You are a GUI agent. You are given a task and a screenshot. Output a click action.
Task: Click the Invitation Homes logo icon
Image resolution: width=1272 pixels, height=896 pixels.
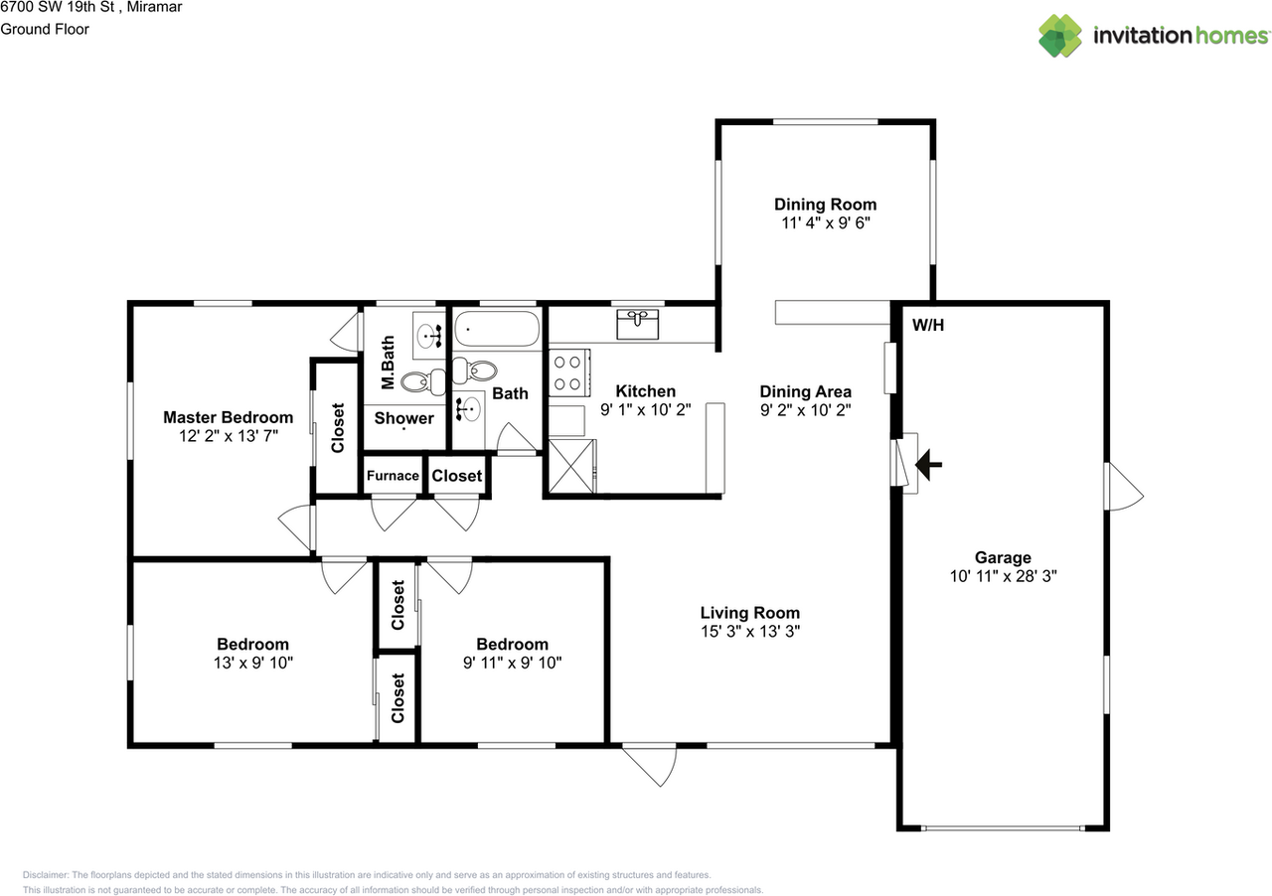pyautogui.click(x=1060, y=36)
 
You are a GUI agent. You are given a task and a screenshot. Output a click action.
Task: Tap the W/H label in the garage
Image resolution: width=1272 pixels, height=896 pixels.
pyautogui.click(x=927, y=324)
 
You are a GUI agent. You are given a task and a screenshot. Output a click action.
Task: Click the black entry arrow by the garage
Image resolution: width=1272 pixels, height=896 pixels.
pyautogui.click(x=929, y=463)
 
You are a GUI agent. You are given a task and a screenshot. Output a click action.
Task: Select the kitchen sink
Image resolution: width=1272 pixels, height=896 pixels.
pyautogui.click(x=636, y=323)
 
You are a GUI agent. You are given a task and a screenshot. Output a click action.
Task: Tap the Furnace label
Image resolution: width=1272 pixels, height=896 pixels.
pyautogui.click(x=393, y=476)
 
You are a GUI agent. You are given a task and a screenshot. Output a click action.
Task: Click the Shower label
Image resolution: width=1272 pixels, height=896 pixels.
pyautogui.click(x=403, y=418)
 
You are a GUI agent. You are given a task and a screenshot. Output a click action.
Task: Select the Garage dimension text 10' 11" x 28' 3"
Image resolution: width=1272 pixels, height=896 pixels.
pyautogui.click(x=1002, y=576)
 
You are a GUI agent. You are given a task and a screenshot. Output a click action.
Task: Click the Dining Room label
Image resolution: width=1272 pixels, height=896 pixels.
pyautogui.click(x=825, y=205)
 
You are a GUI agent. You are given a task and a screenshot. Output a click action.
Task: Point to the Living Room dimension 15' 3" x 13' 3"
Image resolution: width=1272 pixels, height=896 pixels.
pyautogui.click(x=749, y=631)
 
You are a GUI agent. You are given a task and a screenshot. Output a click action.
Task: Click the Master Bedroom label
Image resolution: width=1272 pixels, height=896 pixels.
pyautogui.click(x=228, y=417)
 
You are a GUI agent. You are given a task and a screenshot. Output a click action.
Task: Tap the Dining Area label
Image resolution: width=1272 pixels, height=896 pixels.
pyautogui.click(x=805, y=391)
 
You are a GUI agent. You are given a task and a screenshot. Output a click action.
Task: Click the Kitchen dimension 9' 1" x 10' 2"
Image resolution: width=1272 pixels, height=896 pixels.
pyautogui.click(x=645, y=409)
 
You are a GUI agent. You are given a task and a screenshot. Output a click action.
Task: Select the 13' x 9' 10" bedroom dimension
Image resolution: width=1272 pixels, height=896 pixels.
pyautogui.click(x=252, y=662)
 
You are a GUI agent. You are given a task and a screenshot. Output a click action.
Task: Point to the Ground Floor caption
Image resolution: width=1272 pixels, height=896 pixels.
pyautogui.click(x=45, y=29)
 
